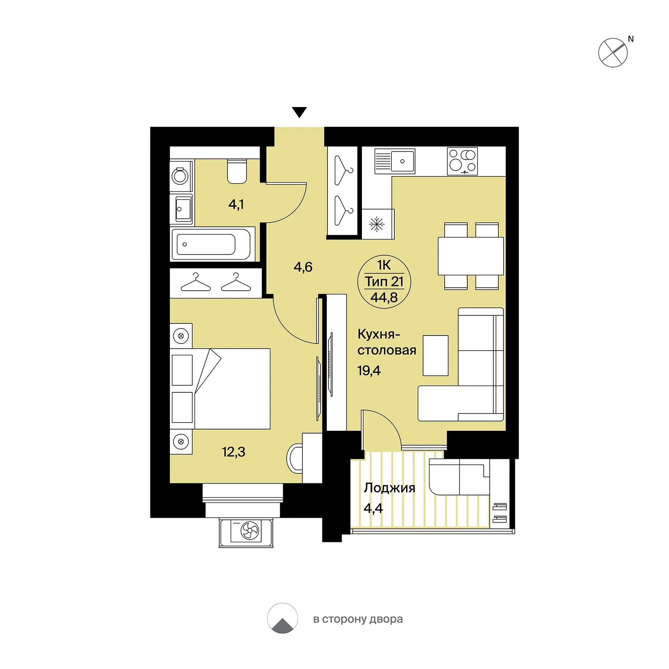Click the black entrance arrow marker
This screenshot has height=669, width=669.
click(x=299, y=112)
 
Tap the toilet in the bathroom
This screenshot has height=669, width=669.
click(x=237, y=171)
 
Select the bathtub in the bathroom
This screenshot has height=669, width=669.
click(x=211, y=244)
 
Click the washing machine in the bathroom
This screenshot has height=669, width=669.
click(x=180, y=176)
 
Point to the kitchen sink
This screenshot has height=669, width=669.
click(x=395, y=162)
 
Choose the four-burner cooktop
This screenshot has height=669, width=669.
click(x=462, y=162)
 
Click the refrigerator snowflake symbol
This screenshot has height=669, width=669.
click(x=376, y=224)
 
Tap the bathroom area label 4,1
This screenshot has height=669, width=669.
click(x=236, y=204)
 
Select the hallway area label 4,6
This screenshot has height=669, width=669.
click(x=303, y=267)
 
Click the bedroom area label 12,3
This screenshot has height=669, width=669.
click(x=233, y=452)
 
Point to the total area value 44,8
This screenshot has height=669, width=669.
click(x=384, y=297)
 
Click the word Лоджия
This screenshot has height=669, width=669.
click(x=389, y=488)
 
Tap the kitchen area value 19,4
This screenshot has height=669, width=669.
click(x=369, y=371)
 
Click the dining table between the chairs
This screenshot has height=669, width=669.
click(x=471, y=256)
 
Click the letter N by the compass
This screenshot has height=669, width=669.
click(x=630, y=39)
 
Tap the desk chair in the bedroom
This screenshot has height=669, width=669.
click(x=294, y=459)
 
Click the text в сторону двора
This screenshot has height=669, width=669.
click(x=358, y=619)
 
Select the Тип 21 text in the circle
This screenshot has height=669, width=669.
click(x=384, y=282)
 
